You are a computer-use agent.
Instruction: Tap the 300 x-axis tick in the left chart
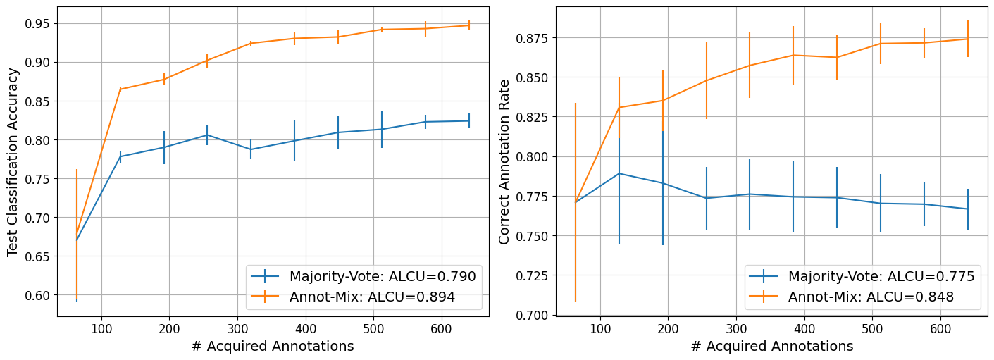[238, 328]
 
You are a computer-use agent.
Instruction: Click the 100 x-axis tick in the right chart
[600, 328]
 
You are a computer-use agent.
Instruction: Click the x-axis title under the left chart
[273, 346]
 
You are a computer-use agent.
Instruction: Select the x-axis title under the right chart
[771, 346]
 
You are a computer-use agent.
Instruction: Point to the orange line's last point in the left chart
[468, 25]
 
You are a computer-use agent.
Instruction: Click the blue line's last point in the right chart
[967, 209]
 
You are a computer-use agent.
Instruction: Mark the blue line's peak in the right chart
[619, 173]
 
